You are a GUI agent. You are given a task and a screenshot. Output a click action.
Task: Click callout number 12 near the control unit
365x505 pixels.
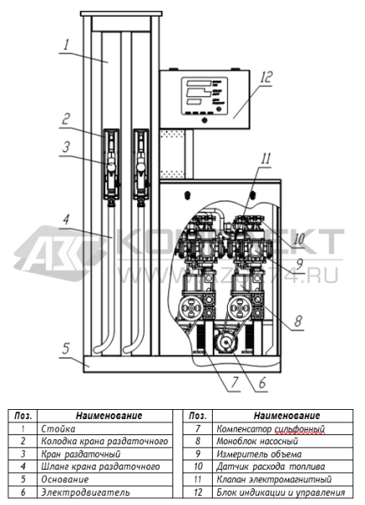(x=266, y=77)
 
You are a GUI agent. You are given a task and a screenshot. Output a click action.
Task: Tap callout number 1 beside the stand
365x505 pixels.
(x=66, y=45)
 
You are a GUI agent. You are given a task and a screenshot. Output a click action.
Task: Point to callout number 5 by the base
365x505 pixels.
(x=66, y=348)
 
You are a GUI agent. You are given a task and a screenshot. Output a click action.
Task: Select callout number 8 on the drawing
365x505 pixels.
(x=299, y=321)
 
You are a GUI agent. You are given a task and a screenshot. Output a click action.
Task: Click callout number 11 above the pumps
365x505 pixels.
(x=266, y=159)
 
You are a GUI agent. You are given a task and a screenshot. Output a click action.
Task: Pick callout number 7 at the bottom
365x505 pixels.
(x=235, y=382)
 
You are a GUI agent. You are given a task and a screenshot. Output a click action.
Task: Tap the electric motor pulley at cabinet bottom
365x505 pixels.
(x=226, y=343)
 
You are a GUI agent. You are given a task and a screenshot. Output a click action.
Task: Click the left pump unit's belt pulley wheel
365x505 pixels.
(x=191, y=308)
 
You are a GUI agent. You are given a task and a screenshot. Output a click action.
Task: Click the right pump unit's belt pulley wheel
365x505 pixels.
(x=240, y=308)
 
